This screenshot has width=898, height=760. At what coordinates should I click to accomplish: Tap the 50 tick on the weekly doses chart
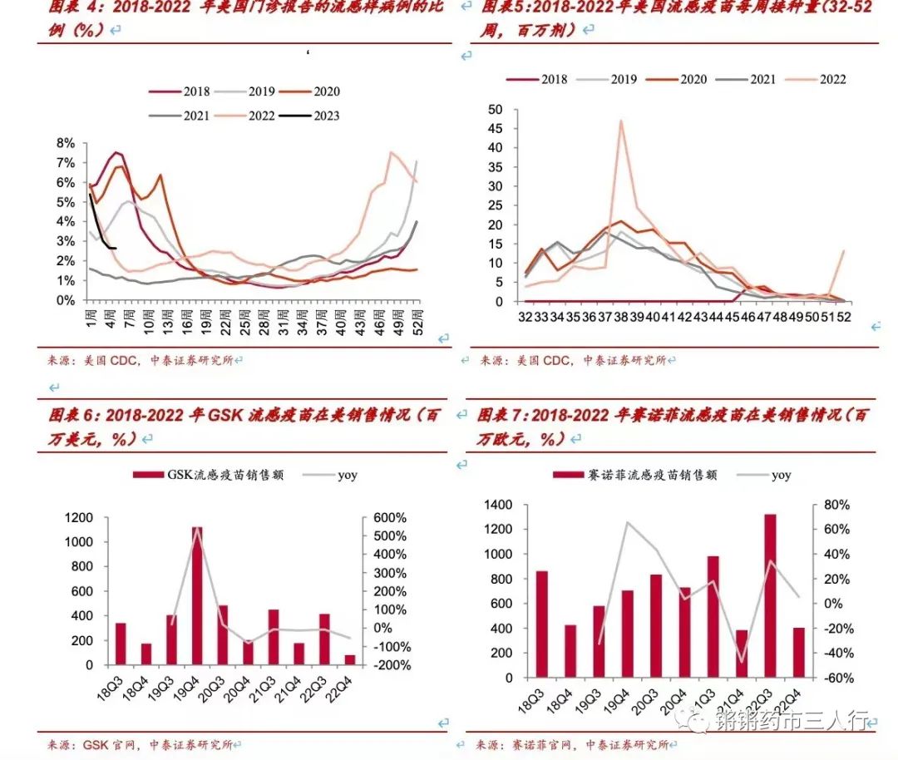pos(495,109)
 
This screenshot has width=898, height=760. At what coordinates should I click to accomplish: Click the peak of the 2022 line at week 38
pos(620,121)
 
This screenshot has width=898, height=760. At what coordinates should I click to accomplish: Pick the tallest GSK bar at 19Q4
pos(197,595)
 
